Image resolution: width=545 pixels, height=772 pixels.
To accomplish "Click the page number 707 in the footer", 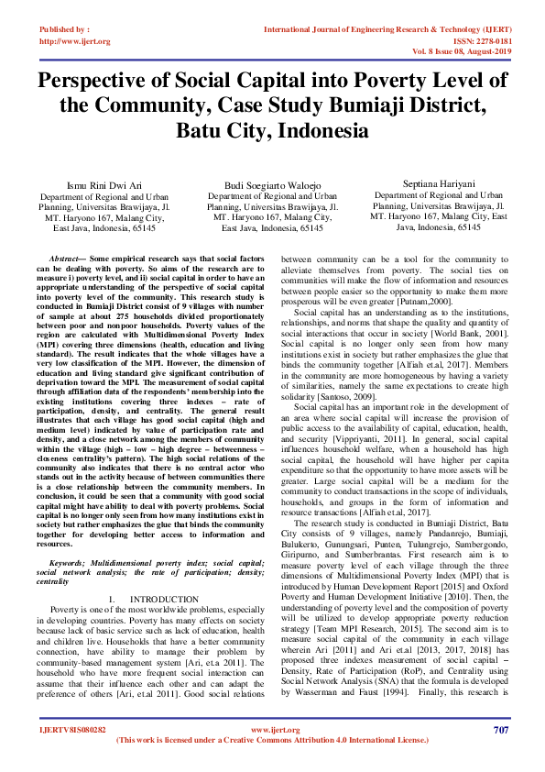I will click(500, 729).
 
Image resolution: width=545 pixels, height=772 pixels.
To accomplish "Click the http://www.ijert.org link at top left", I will click(74, 41).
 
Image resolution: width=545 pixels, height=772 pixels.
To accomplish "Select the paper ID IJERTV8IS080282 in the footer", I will click(72, 729).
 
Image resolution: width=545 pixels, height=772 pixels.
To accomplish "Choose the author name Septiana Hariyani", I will click(438, 183).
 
